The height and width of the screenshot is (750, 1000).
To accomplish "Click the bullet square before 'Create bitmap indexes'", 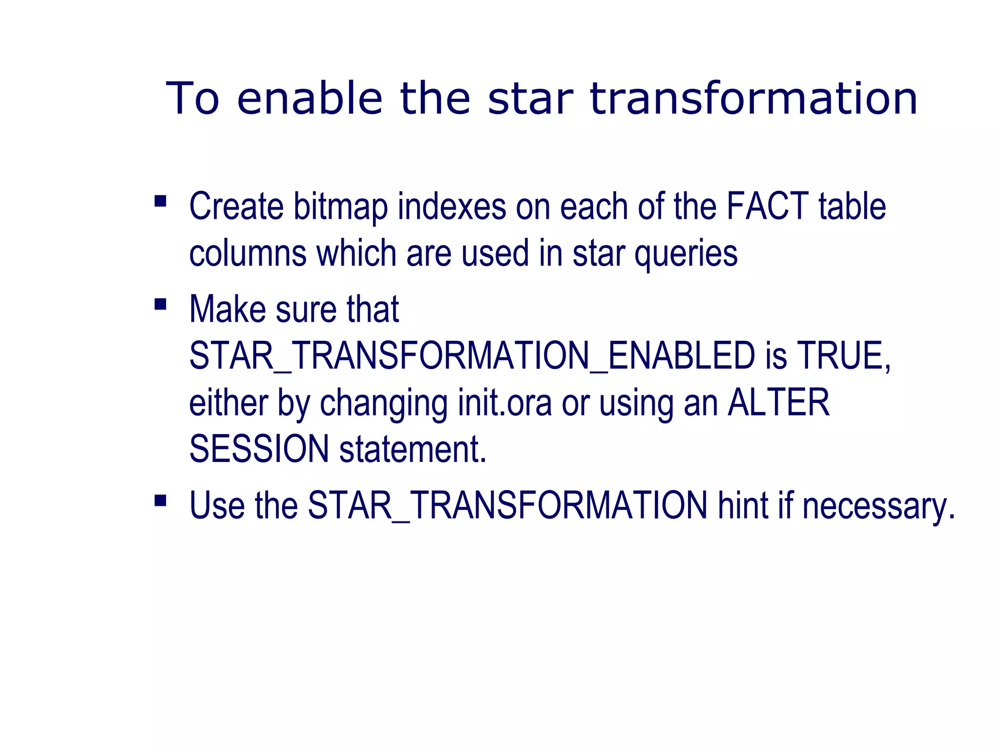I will tap(160, 201).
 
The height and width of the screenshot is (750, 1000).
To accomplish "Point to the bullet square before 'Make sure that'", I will tap(160, 305).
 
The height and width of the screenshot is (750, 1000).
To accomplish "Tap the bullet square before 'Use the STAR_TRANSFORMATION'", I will tap(160, 500).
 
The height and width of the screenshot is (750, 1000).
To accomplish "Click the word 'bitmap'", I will tap(340, 207).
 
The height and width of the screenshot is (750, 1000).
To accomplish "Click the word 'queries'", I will tap(686, 254).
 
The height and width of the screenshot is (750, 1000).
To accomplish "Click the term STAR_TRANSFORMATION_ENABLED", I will tap(472, 355).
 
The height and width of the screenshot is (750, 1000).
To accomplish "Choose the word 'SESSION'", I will tap(259, 449).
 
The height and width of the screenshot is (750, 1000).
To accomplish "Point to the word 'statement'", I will tap(412, 449).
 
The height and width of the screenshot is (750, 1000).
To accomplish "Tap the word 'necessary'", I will tap(878, 506).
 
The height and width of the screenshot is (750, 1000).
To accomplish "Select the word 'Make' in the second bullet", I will tap(228, 309).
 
